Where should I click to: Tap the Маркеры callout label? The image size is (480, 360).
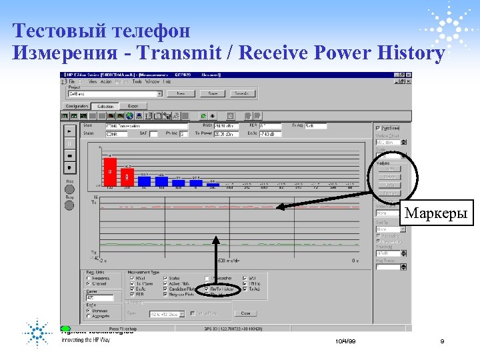coord(437,214)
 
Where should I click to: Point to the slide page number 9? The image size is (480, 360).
coord(442,341)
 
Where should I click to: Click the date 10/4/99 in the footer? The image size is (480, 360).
coord(347,341)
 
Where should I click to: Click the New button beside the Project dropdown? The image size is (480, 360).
coord(181,94)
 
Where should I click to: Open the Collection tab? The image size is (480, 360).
coord(105,106)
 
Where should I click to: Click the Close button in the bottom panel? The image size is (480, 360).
coord(245,313)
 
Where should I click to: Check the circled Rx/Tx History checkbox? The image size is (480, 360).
coord(207,289)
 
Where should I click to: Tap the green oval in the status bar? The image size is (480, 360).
coord(65,329)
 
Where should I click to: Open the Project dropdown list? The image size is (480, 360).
coord(159,94)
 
